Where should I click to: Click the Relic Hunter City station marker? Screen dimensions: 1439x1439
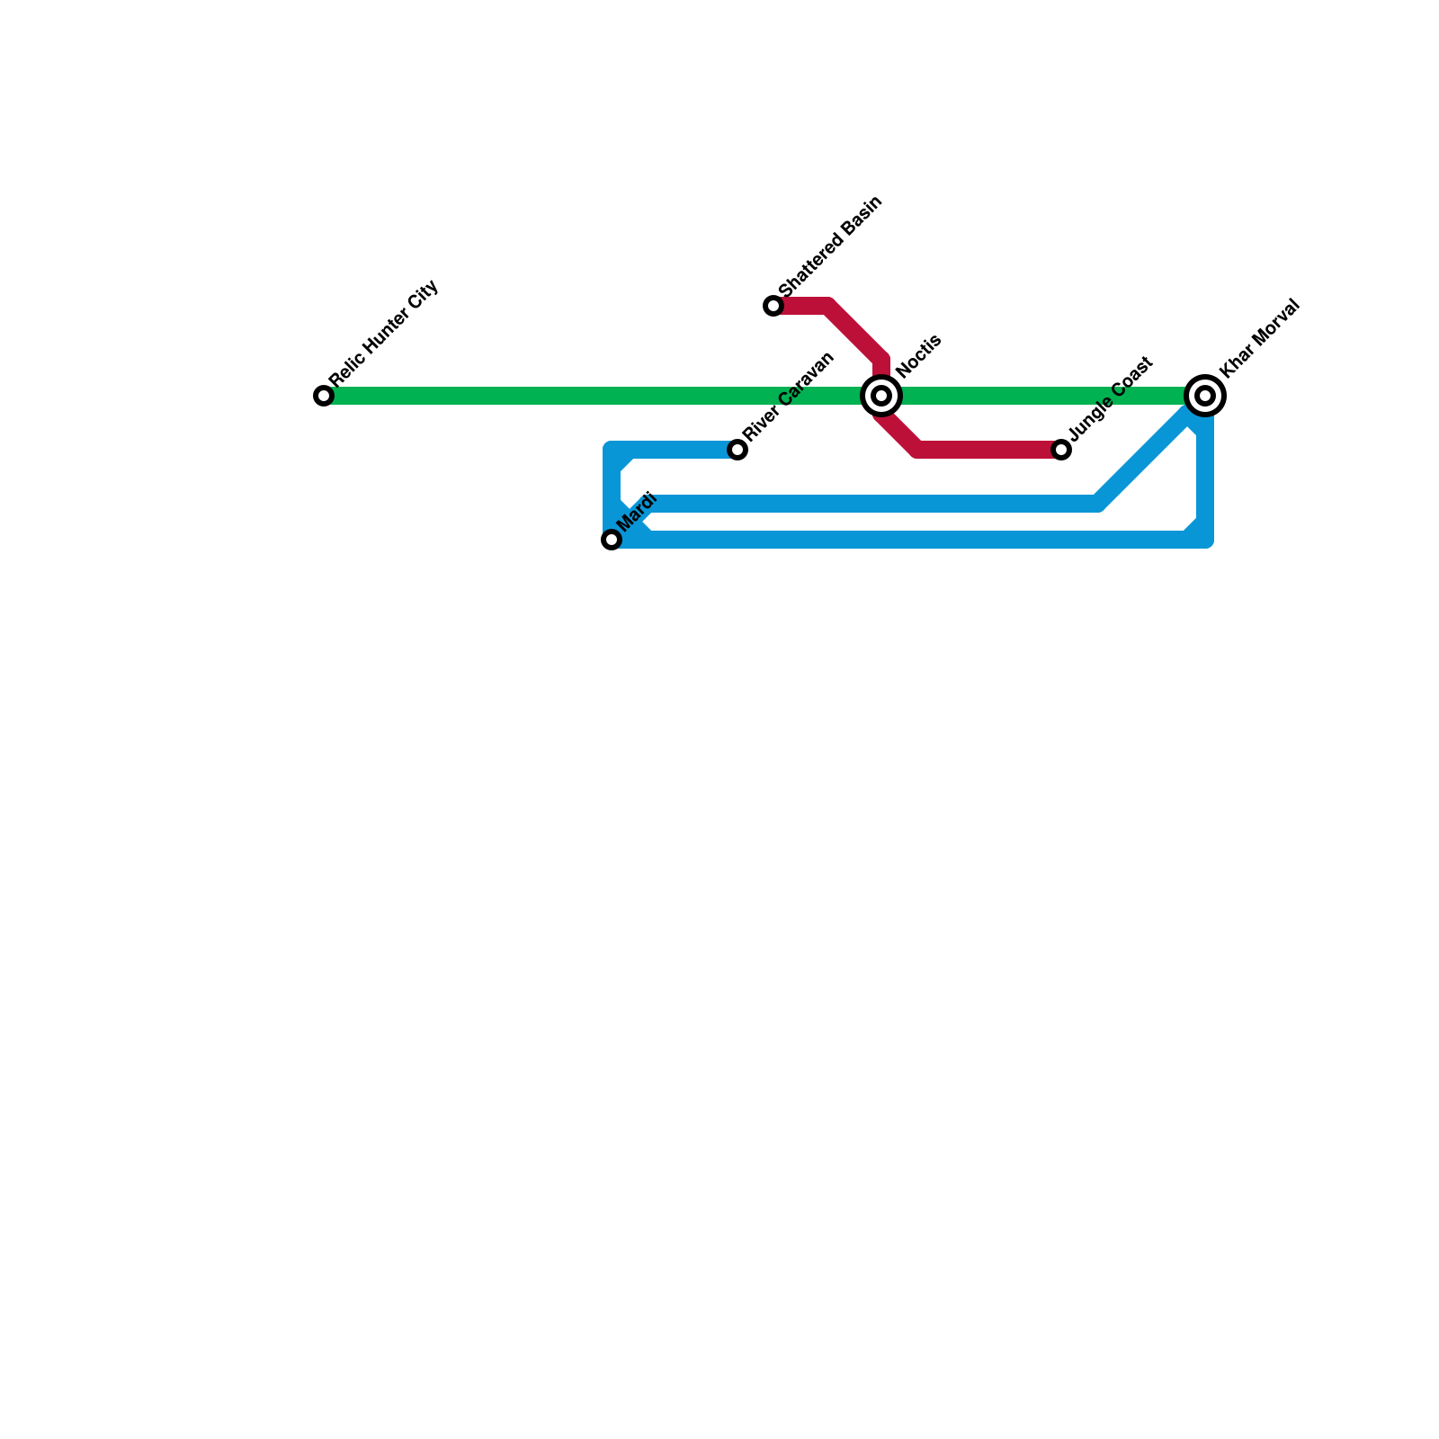coord(324,396)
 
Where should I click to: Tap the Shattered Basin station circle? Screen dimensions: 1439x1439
coord(773,306)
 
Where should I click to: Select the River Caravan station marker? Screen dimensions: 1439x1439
coord(737,450)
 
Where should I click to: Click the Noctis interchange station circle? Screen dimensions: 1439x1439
coord(881,396)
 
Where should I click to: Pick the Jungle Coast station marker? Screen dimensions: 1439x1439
coord(1061,450)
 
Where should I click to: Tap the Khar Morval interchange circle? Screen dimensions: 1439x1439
coord(1205,396)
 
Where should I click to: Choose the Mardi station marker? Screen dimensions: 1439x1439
coord(612,540)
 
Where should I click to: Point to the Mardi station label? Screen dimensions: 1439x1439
coord(638,512)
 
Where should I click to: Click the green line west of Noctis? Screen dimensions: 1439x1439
coord(594,396)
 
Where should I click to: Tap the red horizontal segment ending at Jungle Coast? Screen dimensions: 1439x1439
coord(989,450)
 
